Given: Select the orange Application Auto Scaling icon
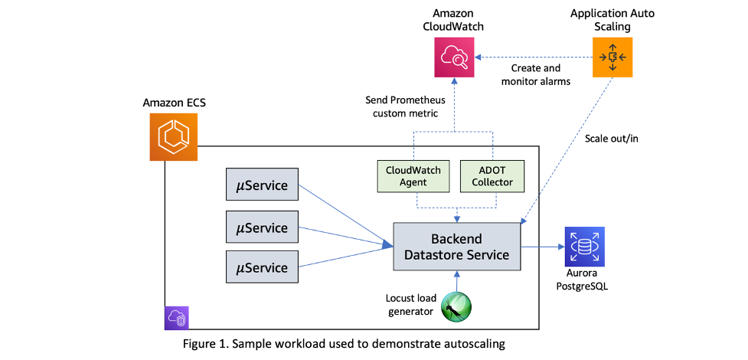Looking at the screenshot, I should click(612, 57).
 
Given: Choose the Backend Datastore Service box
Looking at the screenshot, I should click(456, 247).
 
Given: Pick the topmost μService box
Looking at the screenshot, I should click(262, 185).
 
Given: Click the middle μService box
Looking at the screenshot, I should click(262, 227).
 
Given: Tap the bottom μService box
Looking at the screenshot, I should click(262, 268).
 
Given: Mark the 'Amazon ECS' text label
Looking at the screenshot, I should click(171, 103).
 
